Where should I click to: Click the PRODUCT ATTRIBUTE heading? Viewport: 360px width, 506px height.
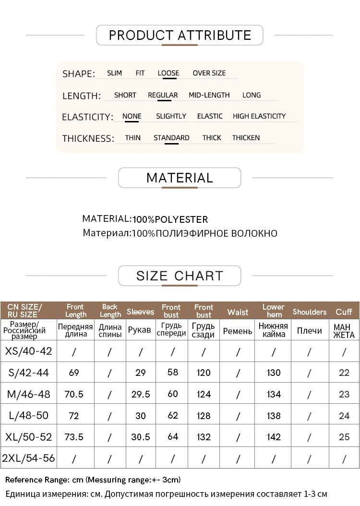coord(180,35)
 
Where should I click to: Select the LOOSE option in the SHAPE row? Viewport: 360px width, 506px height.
coord(168,73)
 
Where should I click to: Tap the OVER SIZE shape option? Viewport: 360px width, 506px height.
coord(209,73)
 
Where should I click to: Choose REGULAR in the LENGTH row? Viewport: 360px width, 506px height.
coord(163,95)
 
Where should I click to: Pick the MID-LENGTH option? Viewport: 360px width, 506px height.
coord(209,95)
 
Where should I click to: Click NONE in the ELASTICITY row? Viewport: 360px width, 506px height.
coord(132,116)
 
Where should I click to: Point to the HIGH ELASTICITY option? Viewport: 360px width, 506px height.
coord(259,116)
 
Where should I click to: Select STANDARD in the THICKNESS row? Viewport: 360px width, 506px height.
coord(171,138)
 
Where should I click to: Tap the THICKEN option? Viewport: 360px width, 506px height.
coord(246,138)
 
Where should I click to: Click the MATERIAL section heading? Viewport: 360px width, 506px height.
coord(180,178)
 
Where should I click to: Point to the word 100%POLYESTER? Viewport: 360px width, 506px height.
coord(170,219)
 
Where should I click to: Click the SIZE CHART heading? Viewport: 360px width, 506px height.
coord(180,276)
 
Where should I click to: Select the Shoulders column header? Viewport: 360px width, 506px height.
coord(309,312)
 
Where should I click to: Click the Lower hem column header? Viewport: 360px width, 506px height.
coord(273,311)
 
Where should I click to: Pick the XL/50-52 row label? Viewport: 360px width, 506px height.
coord(28,437)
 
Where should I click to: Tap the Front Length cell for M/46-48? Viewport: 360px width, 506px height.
coord(74,394)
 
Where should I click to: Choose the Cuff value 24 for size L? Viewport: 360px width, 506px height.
coord(344,416)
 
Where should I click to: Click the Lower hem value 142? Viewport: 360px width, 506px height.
coord(273,437)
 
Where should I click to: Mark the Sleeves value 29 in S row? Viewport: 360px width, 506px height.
coord(141,373)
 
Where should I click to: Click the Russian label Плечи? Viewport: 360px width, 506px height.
coord(309,331)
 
